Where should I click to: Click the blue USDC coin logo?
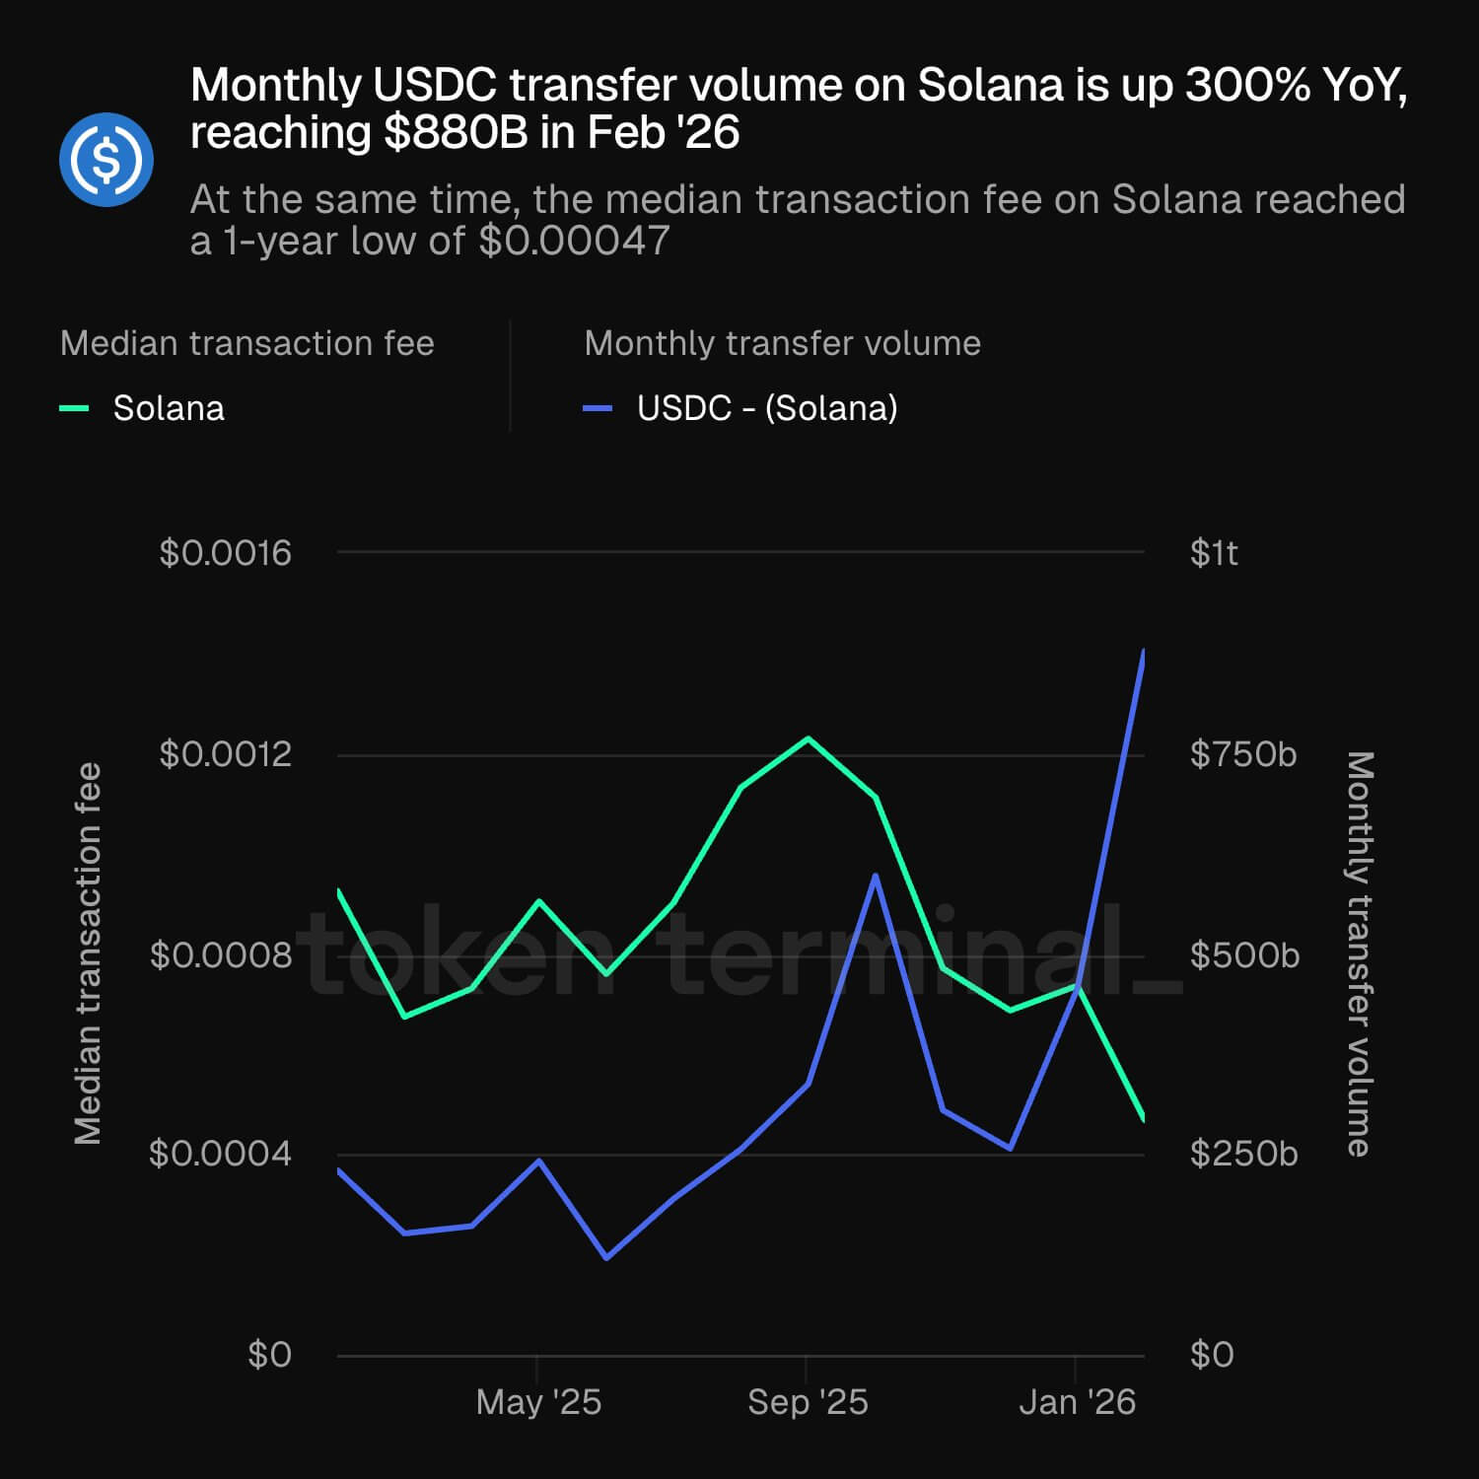point(106,159)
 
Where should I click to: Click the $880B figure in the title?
point(456,133)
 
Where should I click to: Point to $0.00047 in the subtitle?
point(574,241)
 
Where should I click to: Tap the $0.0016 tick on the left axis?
point(225,553)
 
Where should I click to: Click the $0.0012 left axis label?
point(225,754)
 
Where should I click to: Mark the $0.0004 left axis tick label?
point(220,1153)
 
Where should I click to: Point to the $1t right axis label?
point(1214,553)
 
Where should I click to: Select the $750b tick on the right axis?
point(1242,754)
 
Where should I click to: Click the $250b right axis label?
point(1243,1153)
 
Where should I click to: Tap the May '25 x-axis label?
point(538,1402)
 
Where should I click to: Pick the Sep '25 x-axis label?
point(808,1402)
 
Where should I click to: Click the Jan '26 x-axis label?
point(1077,1402)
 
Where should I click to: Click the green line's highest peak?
point(809,739)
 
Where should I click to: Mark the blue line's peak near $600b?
point(875,876)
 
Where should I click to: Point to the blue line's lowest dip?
point(606,1258)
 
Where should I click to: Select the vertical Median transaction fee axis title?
point(89,953)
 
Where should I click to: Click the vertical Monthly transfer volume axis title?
point(1360,953)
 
